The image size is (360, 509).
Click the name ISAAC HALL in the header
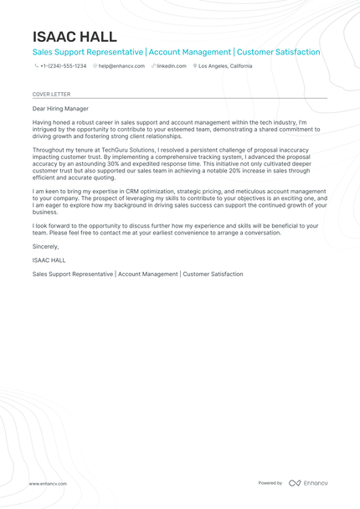tap(75, 37)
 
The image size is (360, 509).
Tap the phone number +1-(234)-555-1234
tap(63, 65)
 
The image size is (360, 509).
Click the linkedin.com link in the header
tap(171, 65)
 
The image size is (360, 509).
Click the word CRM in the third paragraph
tap(147, 191)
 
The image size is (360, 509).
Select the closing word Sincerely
tap(45, 246)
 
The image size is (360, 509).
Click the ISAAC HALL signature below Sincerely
tap(49, 260)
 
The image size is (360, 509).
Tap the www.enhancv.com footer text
tap(48, 483)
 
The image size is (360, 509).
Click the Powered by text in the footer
tap(270, 483)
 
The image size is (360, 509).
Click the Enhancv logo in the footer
tap(308, 483)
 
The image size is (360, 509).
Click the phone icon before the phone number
tap(36, 65)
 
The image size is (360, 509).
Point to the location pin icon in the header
tap(194, 65)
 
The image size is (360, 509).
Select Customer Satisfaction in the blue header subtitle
tap(279, 52)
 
